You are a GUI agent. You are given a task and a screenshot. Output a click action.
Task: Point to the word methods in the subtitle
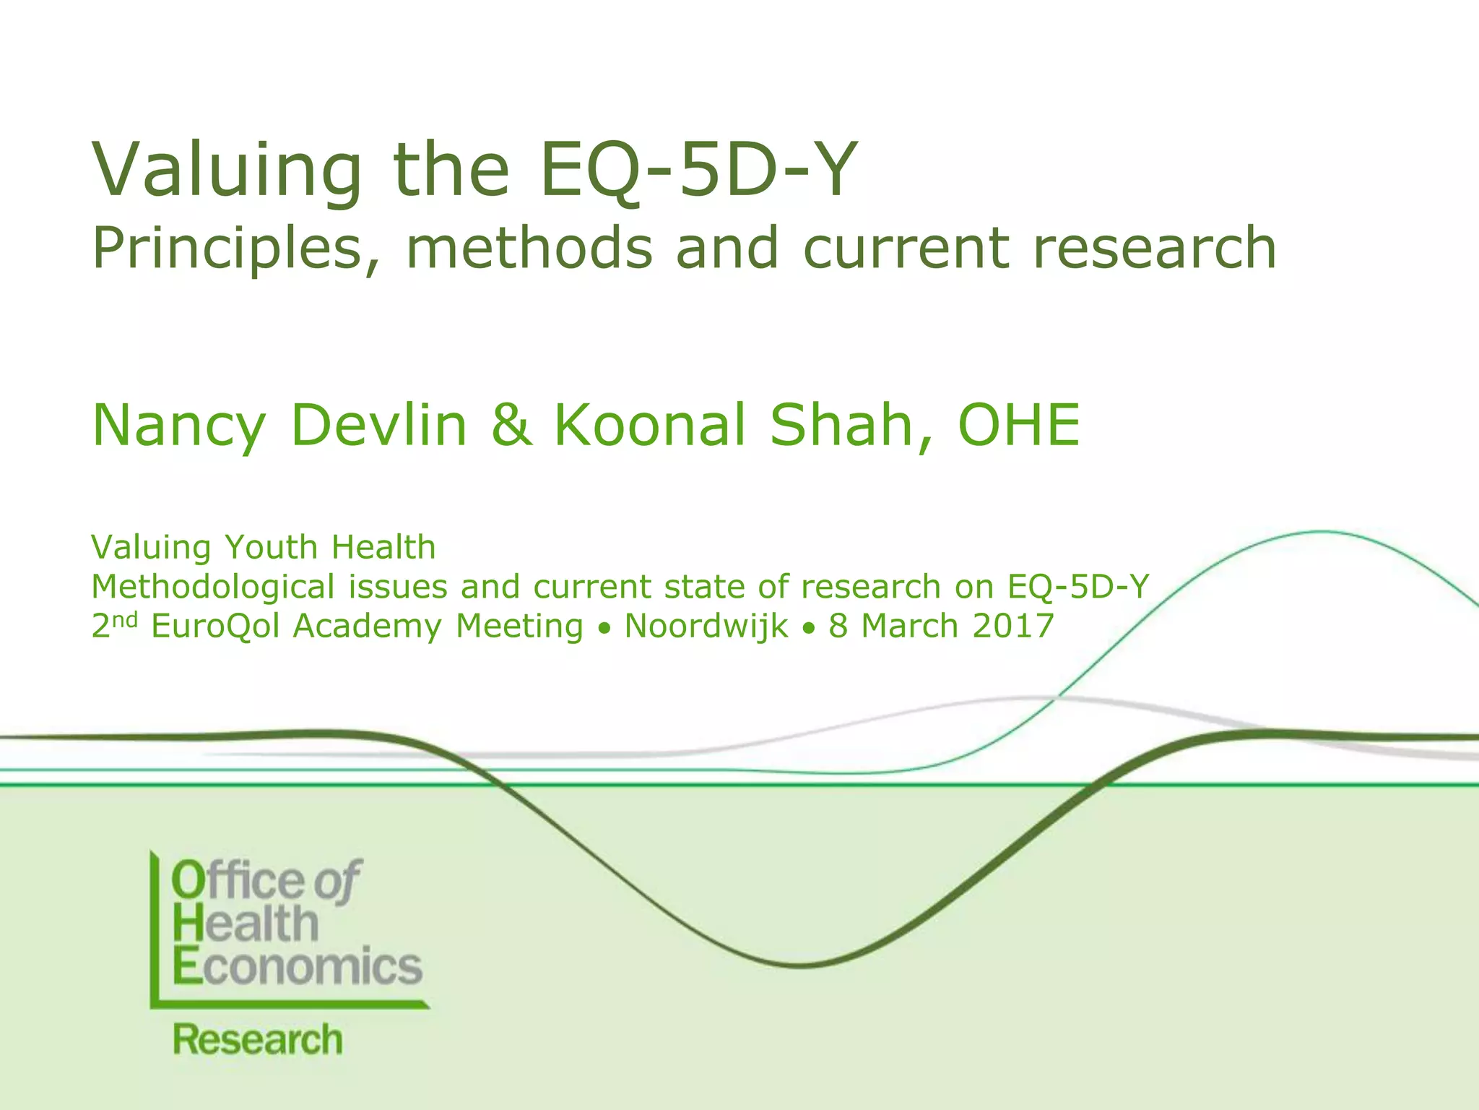529,248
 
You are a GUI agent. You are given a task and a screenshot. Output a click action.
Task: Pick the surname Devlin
380,425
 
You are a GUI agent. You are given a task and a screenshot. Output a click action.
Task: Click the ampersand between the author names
511,425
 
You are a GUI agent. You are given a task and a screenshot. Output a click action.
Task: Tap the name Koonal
649,425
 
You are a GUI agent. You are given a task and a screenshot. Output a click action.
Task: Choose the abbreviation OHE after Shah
1018,425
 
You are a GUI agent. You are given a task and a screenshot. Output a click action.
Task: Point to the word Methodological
213,587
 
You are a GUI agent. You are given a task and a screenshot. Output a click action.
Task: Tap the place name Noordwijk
706,626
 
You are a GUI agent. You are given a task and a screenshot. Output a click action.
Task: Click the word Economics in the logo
298,966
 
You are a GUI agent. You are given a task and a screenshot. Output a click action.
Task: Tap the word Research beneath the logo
257,1040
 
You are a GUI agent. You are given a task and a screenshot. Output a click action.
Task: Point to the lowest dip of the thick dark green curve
802,965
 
